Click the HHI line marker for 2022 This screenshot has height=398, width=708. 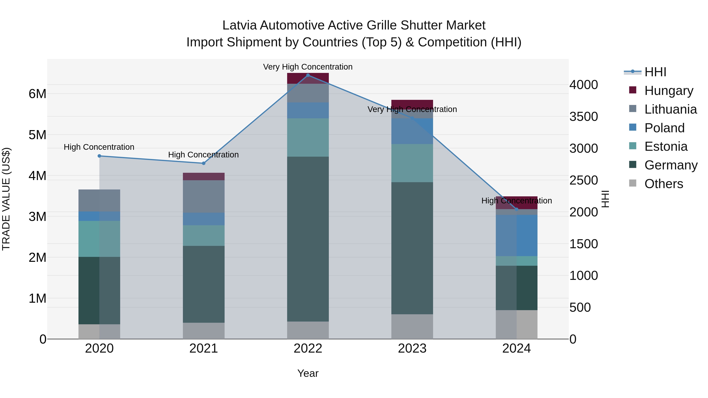tap(308, 75)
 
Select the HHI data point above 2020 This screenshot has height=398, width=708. tap(100, 156)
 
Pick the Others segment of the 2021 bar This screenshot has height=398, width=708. tap(204, 331)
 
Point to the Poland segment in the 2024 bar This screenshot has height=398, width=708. tap(516, 235)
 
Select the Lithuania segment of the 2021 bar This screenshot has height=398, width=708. tap(204, 196)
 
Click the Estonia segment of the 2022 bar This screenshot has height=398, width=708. tap(308, 137)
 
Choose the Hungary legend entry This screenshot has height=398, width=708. tap(669, 91)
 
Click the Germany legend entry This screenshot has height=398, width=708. tap(671, 165)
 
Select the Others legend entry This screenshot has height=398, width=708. tap(664, 184)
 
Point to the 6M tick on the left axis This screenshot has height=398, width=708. tap(37, 94)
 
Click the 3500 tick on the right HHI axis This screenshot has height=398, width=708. tap(584, 117)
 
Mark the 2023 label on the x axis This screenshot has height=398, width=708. tap(412, 348)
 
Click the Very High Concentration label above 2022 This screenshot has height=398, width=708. tap(308, 67)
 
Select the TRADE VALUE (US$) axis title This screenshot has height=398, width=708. tap(6, 199)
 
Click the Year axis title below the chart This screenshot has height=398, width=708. tap(308, 373)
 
